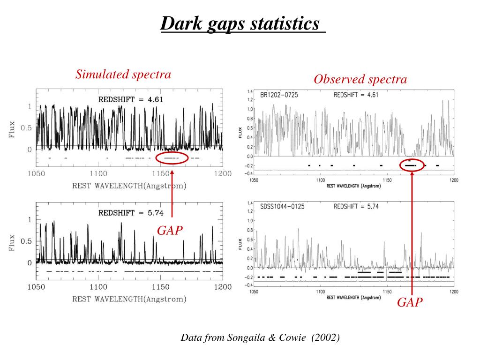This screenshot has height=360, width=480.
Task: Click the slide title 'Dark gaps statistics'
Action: [242, 23]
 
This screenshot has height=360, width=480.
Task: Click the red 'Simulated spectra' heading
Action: [123, 74]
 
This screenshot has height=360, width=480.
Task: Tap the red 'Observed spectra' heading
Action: [360, 80]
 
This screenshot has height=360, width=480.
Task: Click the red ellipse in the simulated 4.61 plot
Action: [172, 158]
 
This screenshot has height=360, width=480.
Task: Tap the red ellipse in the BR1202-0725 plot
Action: [412, 165]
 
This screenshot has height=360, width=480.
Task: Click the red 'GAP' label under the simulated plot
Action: [169, 230]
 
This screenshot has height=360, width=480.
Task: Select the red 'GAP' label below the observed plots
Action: [410, 302]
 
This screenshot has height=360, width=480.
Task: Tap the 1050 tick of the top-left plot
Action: [36, 174]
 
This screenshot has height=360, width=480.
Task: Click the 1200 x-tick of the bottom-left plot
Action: [223, 287]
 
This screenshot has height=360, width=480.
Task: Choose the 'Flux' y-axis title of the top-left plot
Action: [12, 130]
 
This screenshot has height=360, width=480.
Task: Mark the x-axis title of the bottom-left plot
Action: [129, 299]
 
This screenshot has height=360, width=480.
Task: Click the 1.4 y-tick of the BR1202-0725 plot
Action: [250, 91]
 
